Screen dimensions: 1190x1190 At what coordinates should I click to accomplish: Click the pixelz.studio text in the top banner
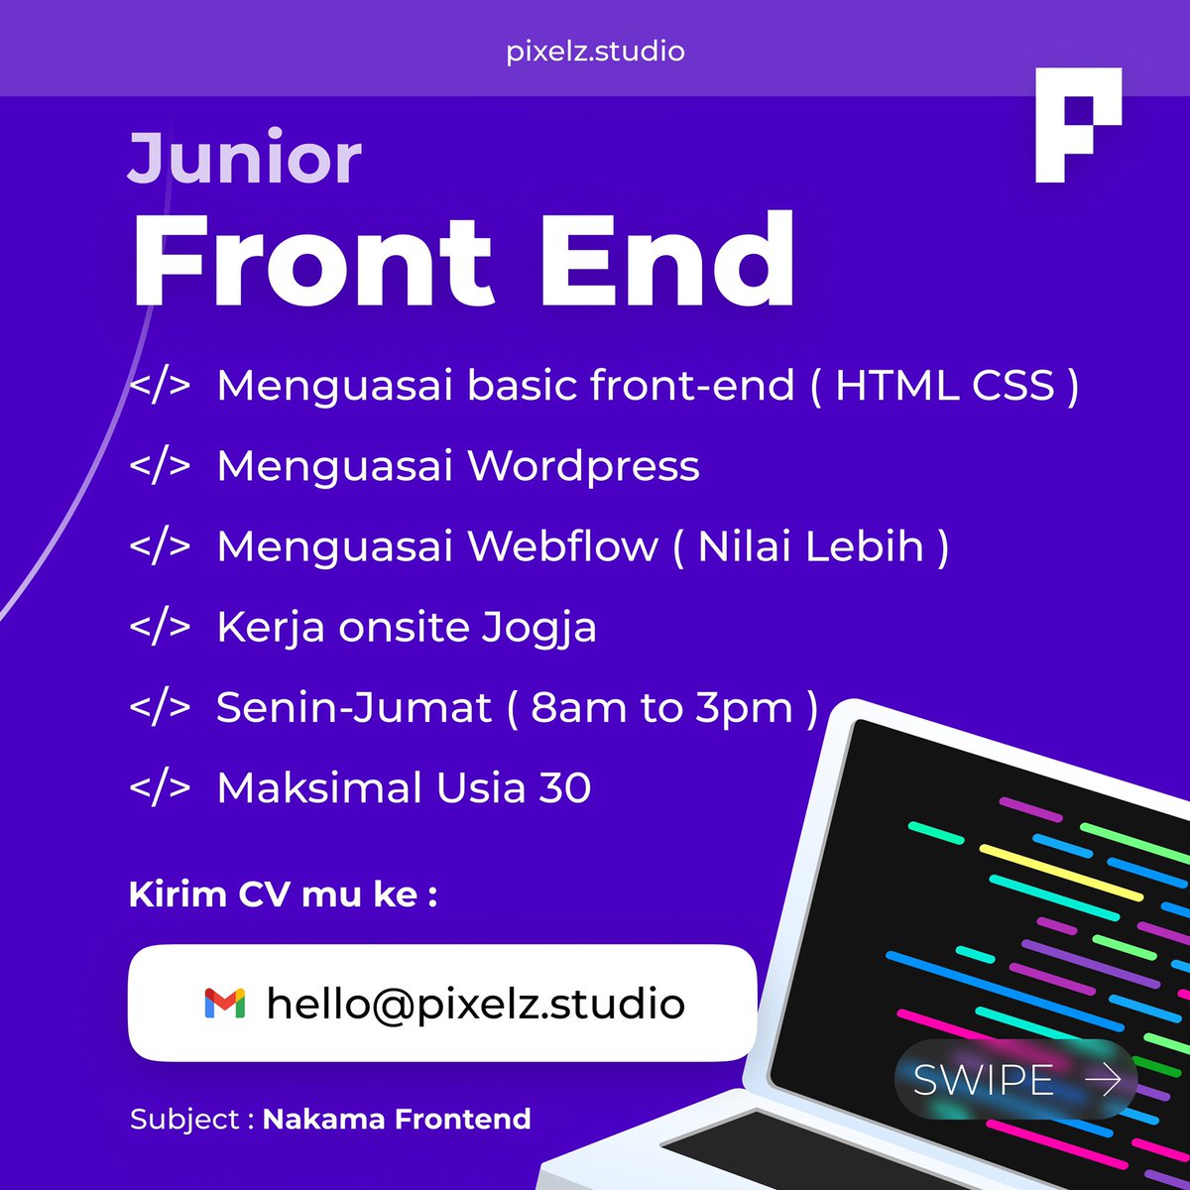pyautogui.click(x=595, y=51)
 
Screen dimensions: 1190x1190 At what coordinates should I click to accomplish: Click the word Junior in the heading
pyautogui.click(x=244, y=159)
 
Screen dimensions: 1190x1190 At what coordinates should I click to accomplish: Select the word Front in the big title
pyautogui.click(x=313, y=261)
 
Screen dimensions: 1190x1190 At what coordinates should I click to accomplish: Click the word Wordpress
pyautogui.click(x=583, y=466)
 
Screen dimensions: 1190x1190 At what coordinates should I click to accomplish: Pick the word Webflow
pyautogui.click(x=562, y=546)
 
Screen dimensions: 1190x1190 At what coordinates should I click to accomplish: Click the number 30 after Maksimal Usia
pyautogui.click(x=564, y=788)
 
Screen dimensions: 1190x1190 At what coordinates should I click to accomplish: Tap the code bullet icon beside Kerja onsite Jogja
pyautogui.click(x=160, y=627)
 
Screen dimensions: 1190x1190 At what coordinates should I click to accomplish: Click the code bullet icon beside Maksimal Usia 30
pyautogui.click(x=160, y=787)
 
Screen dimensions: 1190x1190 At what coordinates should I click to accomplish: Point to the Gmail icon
pyautogui.click(x=225, y=1004)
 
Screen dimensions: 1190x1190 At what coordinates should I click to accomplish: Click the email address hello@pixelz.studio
pyautogui.click(x=475, y=1004)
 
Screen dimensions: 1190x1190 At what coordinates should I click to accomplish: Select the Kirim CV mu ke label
pyautogui.click(x=284, y=894)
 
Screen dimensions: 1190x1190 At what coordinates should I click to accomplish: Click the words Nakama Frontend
pyautogui.click(x=397, y=1120)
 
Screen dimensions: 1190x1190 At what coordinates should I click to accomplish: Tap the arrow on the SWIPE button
pyautogui.click(x=1103, y=1079)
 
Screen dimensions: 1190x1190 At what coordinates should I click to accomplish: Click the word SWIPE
pyautogui.click(x=983, y=1080)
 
